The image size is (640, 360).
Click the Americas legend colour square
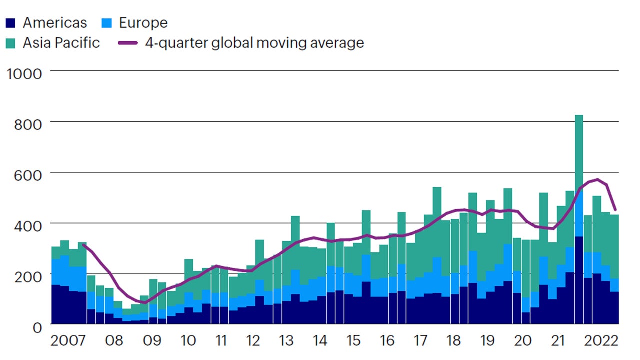coord(10,23)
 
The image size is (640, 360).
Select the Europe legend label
coord(143,23)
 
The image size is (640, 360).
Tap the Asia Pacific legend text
coord(61,43)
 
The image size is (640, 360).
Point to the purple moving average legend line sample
coord(128,43)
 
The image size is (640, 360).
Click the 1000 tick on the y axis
coord(24,74)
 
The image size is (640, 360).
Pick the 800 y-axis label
coord(28,125)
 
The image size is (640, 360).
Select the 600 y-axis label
coord(28,175)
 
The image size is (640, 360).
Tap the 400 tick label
coord(28,226)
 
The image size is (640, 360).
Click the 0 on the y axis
coord(37,328)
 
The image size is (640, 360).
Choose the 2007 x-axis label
coord(68,341)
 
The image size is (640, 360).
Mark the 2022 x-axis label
coord(601,341)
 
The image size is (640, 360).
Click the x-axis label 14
coord(319,341)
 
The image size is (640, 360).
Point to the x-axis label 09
coord(152,341)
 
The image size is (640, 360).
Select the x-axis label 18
coord(453,341)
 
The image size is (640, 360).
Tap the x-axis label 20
coord(523,341)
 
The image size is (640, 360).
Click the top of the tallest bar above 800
coord(579,115)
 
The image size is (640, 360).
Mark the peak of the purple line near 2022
coord(597,179)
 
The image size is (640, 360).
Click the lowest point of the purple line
coord(145,303)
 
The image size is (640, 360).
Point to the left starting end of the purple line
coord(83,245)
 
